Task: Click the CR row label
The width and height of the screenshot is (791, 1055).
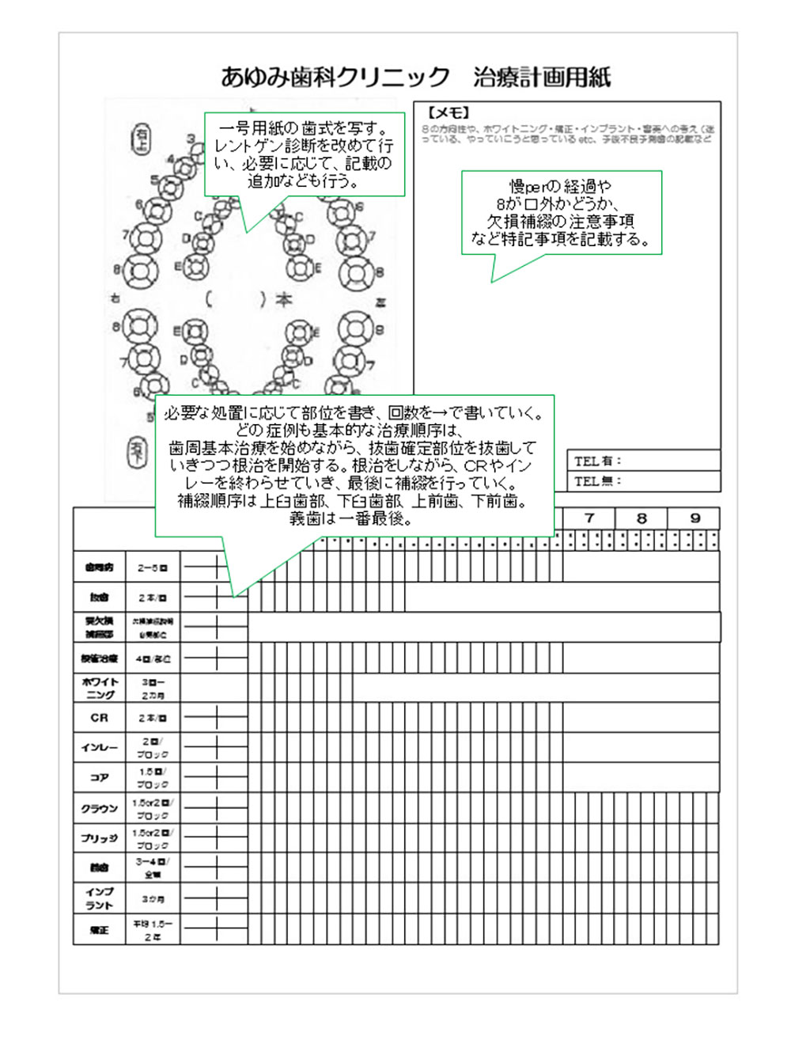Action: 99,718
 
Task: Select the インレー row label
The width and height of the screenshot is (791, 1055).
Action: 99,747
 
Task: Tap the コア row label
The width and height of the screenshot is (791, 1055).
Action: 99,777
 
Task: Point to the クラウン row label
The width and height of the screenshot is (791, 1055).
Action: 99,808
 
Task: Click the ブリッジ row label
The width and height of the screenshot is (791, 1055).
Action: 99,838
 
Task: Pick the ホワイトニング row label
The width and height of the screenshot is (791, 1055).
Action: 100,688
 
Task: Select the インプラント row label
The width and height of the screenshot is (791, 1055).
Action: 99,898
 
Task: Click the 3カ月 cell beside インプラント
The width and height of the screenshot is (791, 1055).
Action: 153,899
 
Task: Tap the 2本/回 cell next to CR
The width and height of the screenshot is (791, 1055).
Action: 153,718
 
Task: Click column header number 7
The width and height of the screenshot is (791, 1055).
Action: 589,518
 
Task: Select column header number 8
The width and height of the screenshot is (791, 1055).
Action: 642,518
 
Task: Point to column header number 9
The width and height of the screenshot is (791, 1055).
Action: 694,518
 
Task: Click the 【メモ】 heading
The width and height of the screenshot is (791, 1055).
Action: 448,113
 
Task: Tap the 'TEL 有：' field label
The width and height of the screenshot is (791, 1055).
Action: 598,461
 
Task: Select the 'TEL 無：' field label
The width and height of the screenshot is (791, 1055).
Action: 598,480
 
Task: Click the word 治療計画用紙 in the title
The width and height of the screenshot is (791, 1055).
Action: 542,77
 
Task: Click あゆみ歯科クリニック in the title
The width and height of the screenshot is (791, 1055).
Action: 335,77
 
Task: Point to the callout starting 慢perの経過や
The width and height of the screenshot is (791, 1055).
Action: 561,212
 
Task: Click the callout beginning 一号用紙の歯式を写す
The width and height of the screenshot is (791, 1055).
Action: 305,154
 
